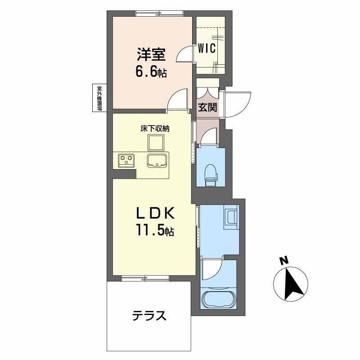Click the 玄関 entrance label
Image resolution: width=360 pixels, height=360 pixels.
point(207,108)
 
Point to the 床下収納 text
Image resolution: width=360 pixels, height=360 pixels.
point(153,128)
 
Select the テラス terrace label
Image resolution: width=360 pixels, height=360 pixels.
point(149,315)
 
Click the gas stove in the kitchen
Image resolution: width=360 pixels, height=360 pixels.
point(126,160)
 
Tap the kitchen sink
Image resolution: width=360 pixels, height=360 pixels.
point(157,160)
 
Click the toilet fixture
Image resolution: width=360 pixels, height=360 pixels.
point(211,174)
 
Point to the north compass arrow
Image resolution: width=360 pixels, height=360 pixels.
point(291,284)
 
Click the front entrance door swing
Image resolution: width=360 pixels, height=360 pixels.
point(237,103)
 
